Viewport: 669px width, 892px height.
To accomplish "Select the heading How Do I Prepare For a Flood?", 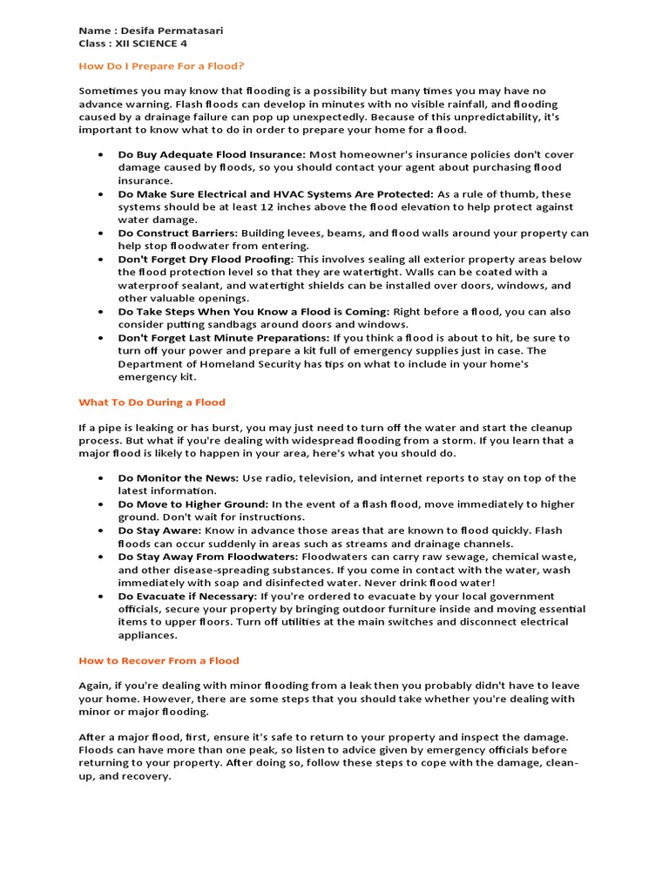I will click(x=161, y=66).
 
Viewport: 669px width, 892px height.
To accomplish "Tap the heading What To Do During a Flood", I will click(x=152, y=402).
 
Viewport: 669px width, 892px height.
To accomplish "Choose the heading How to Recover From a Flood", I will click(x=159, y=660).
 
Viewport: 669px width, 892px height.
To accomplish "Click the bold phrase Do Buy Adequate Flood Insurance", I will click(x=211, y=154).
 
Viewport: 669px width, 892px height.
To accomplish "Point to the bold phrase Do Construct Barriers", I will click(x=177, y=233).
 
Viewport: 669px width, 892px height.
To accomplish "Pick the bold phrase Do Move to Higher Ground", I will click(x=192, y=504).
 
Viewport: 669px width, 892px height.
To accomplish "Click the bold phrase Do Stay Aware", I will click(x=159, y=530).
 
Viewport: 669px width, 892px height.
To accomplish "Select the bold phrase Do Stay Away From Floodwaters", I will click(x=207, y=557).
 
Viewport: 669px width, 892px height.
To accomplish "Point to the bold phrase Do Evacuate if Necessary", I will click(x=186, y=596).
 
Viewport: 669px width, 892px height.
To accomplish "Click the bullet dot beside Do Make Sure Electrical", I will click(x=101, y=193).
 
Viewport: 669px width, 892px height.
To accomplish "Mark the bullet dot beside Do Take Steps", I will click(x=101, y=311).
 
